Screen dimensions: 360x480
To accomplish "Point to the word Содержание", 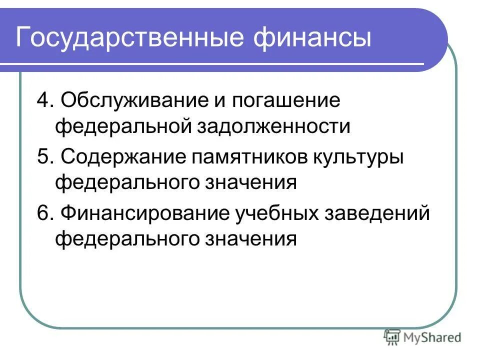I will pyautogui.click(x=122, y=158).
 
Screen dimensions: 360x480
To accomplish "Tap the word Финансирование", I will pyautogui.click(x=143, y=214).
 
